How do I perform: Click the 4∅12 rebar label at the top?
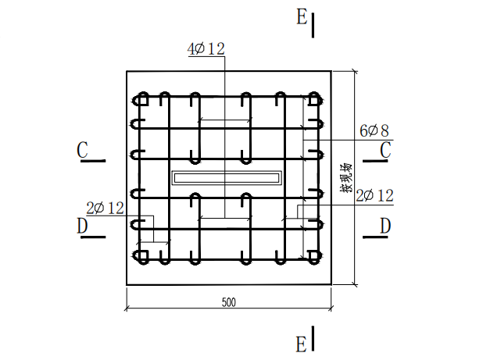206,49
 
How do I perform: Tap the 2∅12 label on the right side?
374,196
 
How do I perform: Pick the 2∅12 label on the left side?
106,208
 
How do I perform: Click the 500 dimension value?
229,302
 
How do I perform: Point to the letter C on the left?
83,150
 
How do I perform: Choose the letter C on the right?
385,150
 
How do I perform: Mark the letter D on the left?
83,226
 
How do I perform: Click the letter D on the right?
385,226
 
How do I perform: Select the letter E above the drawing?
302,18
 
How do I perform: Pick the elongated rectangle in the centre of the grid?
226,178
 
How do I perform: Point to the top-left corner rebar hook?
141,99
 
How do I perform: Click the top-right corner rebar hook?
314,99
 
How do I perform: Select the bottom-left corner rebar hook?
141,256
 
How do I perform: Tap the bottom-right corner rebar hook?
314,256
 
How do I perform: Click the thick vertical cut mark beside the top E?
313,25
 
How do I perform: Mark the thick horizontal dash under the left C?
94,162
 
